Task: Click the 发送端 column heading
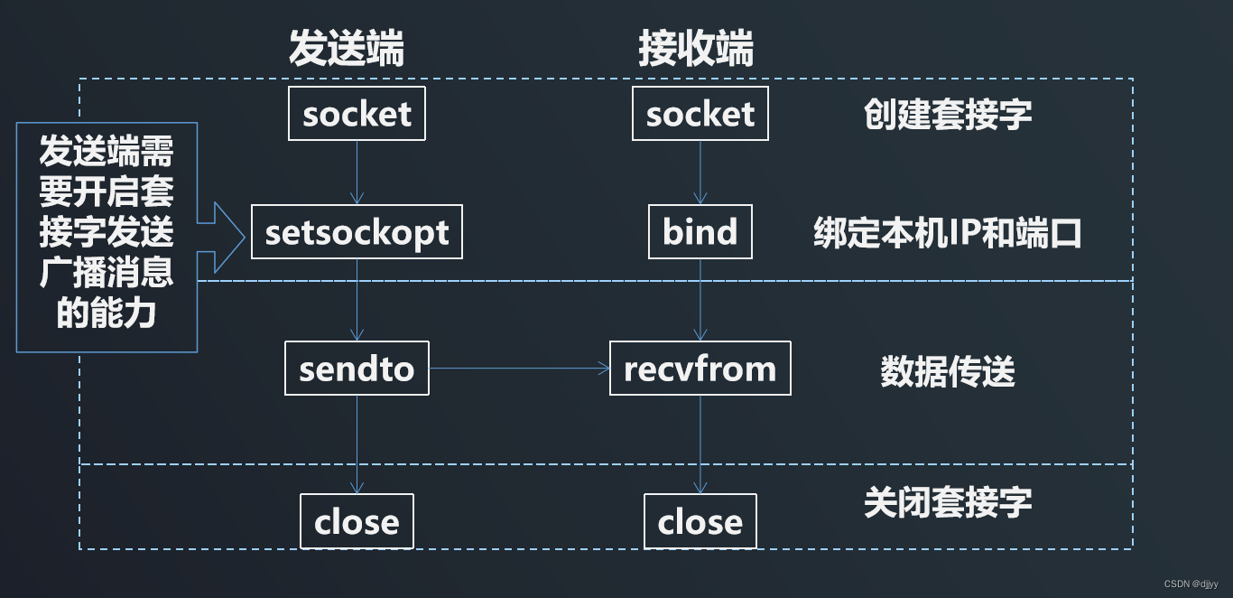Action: click(347, 50)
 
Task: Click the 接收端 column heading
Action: click(695, 50)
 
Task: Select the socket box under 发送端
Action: click(357, 114)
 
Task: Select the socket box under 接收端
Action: click(700, 114)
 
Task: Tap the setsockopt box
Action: click(357, 232)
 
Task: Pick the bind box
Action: click(700, 232)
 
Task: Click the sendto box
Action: click(357, 369)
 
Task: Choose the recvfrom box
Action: click(700, 369)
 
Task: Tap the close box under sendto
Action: click(357, 521)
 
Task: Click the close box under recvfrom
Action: click(700, 521)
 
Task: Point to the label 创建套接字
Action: click(947, 115)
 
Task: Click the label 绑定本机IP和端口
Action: click(947, 233)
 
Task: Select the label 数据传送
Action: click(947, 371)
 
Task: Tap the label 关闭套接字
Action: click(947, 502)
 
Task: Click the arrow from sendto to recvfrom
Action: click(519, 369)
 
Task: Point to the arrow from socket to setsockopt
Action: click(357, 172)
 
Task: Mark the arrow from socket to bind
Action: click(700, 172)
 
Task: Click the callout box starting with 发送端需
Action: click(107, 237)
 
